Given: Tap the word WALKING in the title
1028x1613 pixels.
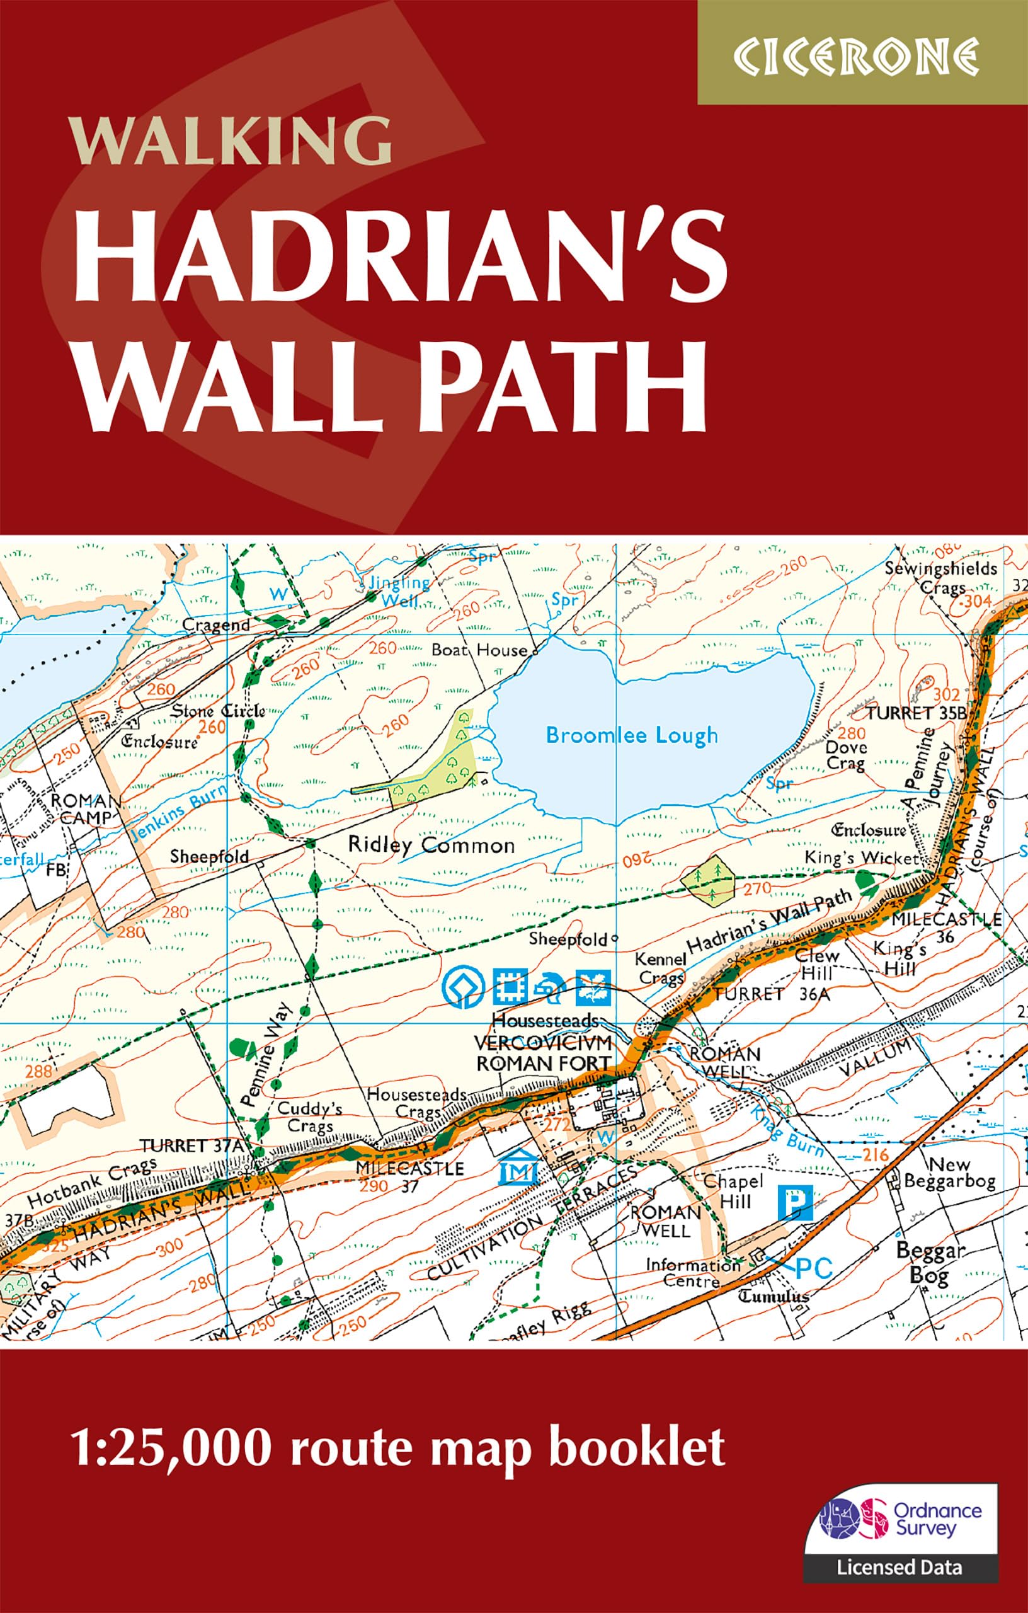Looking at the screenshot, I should click(x=232, y=141).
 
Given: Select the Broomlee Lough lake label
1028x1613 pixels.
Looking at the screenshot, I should click(x=631, y=735).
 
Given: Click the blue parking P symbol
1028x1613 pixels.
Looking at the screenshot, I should click(x=796, y=1203).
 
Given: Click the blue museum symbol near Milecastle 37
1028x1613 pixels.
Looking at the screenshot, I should click(x=520, y=1169).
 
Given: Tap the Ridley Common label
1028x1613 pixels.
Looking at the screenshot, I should click(x=431, y=845).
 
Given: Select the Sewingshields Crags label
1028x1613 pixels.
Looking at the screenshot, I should click(x=941, y=577).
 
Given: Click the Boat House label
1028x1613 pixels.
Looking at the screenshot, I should click(x=479, y=650).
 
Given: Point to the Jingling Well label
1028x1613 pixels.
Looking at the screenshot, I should click(x=399, y=591).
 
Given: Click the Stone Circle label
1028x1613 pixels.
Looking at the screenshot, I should click(x=217, y=711).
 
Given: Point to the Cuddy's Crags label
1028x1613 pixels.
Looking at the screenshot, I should click(x=309, y=1117).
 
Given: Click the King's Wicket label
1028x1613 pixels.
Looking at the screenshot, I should click(x=861, y=858).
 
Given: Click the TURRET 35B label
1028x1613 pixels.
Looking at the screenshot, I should click(x=915, y=713).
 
